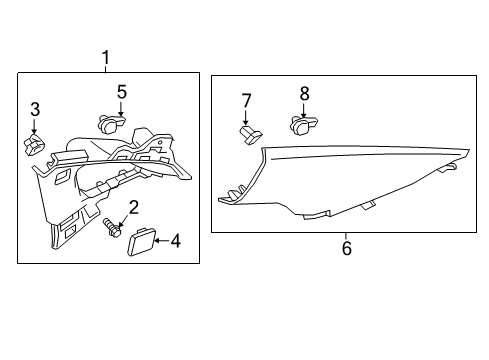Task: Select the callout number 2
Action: [x=132, y=207]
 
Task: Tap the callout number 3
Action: [x=34, y=109]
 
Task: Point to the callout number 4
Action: [x=175, y=240]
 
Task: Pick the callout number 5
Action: [x=121, y=92]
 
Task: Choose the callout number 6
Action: [x=346, y=247]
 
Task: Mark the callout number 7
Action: [x=246, y=100]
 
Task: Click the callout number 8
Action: [x=305, y=93]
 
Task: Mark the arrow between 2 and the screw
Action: [x=124, y=221]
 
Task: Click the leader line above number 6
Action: [x=346, y=236]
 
